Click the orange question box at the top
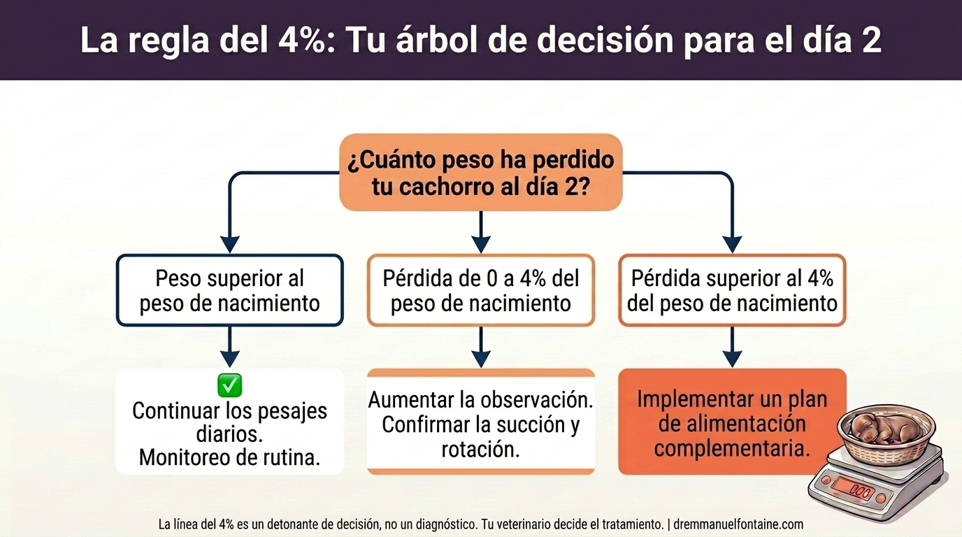coord(480,173)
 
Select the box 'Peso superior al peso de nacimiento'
coord(229,291)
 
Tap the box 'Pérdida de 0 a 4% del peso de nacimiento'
coord(480,291)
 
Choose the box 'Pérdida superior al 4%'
coord(732,291)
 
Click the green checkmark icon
coord(229,385)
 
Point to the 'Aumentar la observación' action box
coord(480,423)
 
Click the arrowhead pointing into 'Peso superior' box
coord(229,244)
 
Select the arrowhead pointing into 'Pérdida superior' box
coord(732,244)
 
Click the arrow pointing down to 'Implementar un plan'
coord(732,348)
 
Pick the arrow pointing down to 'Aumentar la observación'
coord(480,348)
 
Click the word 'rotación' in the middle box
coord(480,449)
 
